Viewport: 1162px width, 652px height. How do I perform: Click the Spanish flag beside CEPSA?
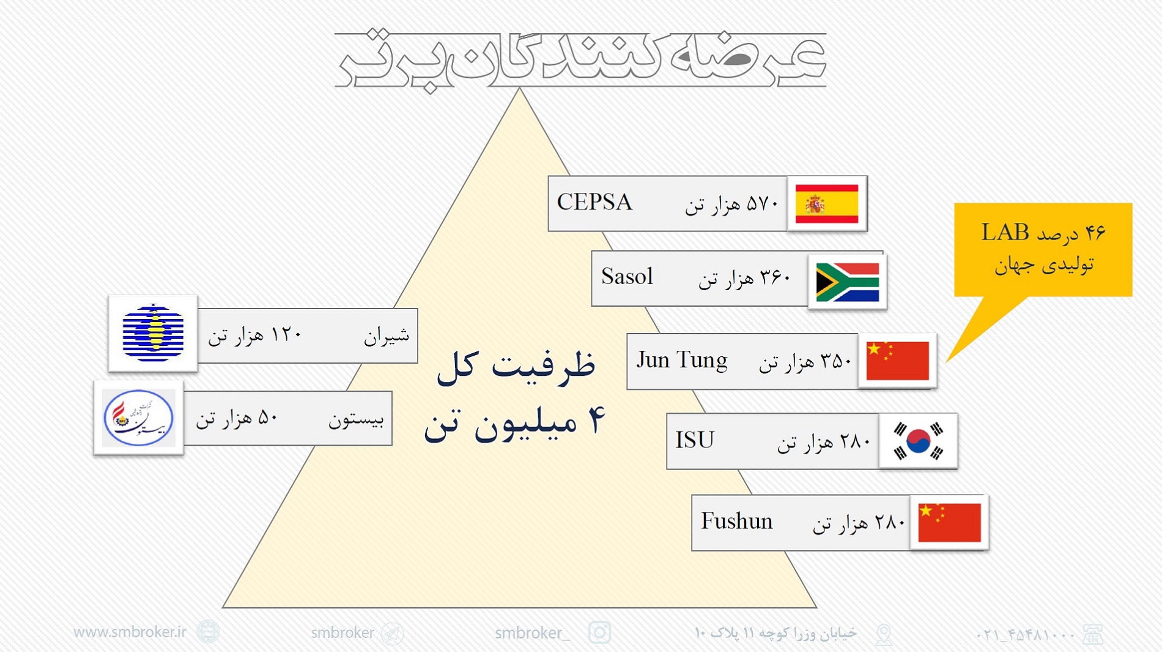click(827, 204)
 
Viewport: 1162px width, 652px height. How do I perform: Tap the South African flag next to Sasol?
click(848, 282)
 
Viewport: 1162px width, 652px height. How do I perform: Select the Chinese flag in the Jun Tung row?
click(898, 361)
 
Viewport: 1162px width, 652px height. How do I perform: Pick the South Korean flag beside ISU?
click(918, 441)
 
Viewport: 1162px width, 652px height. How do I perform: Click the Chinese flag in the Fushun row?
click(949, 522)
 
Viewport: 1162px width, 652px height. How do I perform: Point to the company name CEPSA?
click(594, 203)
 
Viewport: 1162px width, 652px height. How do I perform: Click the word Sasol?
click(627, 277)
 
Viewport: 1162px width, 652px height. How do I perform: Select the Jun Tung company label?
click(682, 361)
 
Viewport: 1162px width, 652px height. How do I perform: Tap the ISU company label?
click(695, 440)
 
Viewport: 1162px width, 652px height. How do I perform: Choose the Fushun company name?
click(736, 521)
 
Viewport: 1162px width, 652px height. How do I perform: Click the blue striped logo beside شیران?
click(153, 332)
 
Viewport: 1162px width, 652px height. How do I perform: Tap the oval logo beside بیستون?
click(138, 418)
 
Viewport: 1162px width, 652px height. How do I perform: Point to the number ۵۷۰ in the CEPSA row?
click(762, 203)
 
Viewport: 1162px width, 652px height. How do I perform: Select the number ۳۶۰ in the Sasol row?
click(775, 279)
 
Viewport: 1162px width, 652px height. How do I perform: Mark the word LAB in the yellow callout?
click(1005, 233)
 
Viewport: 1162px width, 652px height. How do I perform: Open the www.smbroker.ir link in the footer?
click(130, 632)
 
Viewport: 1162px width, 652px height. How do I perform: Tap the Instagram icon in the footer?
click(599, 632)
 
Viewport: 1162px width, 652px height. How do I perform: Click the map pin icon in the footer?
click(884, 634)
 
